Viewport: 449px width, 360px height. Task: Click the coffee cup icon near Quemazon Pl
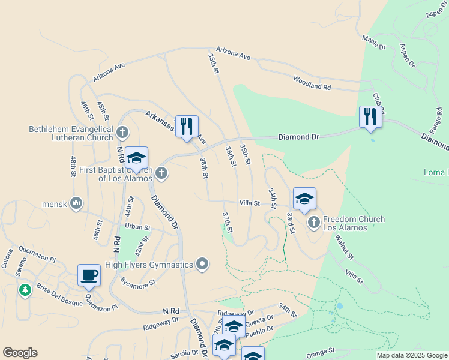coord(89,275)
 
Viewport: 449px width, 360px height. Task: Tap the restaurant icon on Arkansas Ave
coord(187,126)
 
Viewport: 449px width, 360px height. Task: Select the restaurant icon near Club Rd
coord(370,116)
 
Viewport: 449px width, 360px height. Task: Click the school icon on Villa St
coord(304,199)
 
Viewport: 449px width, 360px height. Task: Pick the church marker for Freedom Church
coord(313,223)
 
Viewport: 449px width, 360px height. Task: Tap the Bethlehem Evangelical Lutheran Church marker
coord(122,131)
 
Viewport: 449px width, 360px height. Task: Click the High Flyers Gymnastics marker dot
coord(203,264)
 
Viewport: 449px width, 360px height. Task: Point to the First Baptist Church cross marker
coord(160,173)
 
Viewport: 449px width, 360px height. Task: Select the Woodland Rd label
coord(312,83)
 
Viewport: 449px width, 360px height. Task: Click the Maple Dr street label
coord(373,43)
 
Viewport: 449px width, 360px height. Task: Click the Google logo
coord(20,353)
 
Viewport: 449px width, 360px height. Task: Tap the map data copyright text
coord(411,355)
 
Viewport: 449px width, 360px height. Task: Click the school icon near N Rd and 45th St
coord(136,158)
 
